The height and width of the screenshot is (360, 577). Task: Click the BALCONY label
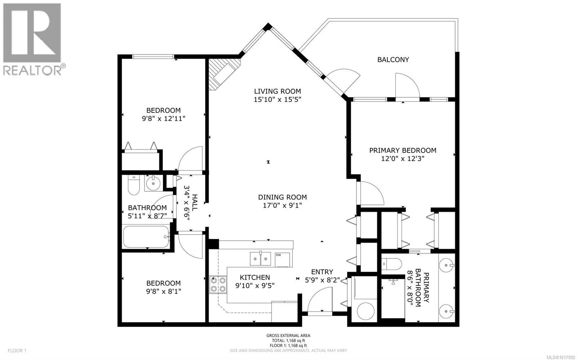tap(393, 60)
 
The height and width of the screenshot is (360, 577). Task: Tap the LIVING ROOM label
tap(277, 92)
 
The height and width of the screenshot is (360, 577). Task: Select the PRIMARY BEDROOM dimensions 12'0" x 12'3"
tap(402, 159)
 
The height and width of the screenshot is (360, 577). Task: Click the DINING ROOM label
tap(282, 197)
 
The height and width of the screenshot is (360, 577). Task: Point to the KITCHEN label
tap(255, 277)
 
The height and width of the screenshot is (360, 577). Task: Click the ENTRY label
tap(322, 272)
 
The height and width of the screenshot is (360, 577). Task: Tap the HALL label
tap(195, 203)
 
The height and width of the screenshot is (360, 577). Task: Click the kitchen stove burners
tap(218, 284)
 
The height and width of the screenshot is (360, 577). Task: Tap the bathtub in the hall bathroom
tap(146, 237)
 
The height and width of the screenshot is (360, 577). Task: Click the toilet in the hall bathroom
tap(133, 185)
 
